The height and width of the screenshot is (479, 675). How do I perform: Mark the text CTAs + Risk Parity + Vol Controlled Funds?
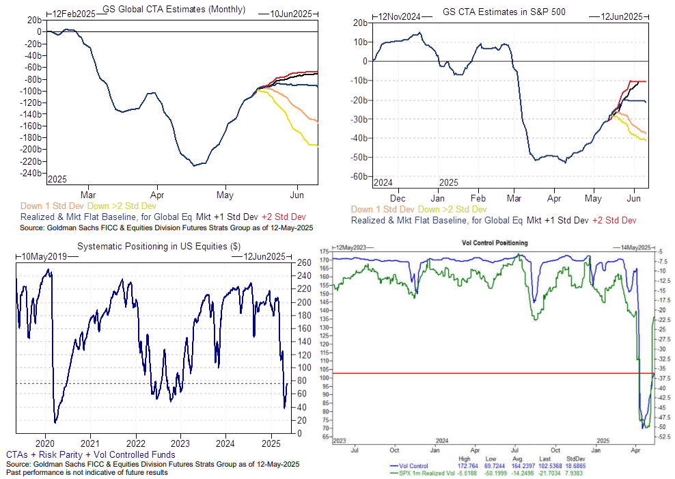coord(90,454)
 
